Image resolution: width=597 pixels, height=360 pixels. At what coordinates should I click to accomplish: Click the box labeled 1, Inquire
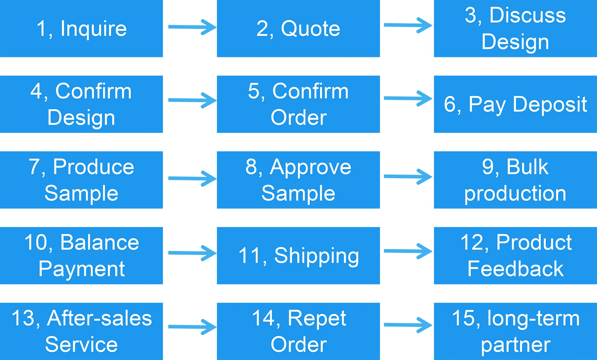tap(81, 28)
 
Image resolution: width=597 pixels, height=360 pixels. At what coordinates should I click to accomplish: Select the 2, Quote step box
tap(298, 28)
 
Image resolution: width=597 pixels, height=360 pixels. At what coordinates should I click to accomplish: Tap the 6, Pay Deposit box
tap(515, 104)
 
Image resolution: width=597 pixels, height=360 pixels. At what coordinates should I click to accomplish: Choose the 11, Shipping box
tap(298, 256)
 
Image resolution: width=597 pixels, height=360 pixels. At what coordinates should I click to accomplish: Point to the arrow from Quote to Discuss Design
tap(408, 25)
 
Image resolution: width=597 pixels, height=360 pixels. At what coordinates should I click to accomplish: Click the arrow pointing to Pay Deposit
tap(408, 99)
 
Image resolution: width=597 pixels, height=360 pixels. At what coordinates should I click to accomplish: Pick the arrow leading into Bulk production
tap(408, 177)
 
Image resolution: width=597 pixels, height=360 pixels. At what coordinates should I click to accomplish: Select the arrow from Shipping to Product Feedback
tap(408, 251)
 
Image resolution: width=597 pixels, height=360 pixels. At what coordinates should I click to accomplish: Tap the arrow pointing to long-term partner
tap(408, 325)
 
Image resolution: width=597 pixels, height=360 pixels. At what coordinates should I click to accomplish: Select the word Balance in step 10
tap(99, 242)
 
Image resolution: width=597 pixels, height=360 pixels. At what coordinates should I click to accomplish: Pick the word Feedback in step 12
tap(515, 269)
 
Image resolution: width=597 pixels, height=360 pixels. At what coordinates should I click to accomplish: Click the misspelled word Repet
tap(317, 318)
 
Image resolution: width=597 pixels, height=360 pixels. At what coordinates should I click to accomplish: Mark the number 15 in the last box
tap(463, 318)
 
